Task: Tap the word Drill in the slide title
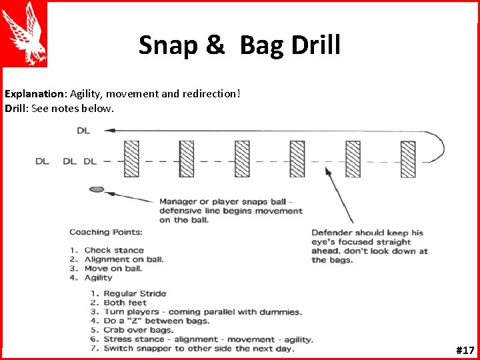point(316,45)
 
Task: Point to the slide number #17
point(465,349)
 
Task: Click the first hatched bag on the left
point(132,159)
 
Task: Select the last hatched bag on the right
point(407,159)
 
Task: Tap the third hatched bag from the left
point(241,159)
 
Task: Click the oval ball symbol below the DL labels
point(97,189)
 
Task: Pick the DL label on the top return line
point(83,131)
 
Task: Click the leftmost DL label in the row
point(42,161)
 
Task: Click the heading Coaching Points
point(105,232)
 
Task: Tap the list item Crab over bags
point(138,330)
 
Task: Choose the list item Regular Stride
point(135,293)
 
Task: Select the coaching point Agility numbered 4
point(98,277)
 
